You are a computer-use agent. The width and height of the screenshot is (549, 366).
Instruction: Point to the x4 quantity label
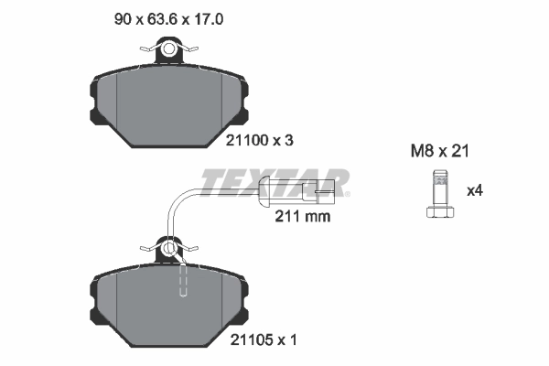tap(475, 191)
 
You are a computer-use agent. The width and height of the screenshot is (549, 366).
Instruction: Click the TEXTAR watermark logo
tap(274, 183)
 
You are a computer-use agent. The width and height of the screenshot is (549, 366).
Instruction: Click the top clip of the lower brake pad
tap(169, 248)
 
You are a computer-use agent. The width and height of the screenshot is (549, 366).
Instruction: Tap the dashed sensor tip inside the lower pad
tap(183, 279)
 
